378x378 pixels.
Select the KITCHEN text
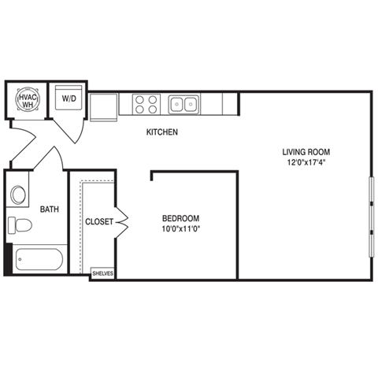tap(162, 132)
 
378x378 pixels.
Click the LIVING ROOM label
tap(306, 151)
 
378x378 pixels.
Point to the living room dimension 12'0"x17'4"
tap(306, 163)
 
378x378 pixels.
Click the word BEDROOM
tap(180, 218)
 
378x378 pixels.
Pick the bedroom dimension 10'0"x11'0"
tap(180, 229)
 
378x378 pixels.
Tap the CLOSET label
tap(99, 222)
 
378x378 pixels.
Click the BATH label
tap(50, 209)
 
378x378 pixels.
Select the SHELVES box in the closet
tap(102, 273)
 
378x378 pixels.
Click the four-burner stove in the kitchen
tap(144, 104)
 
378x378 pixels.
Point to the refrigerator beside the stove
tap(103, 106)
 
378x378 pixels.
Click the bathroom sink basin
tap(19, 195)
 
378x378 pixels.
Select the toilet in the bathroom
tap(20, 226)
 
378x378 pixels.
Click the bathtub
tap(38, 260)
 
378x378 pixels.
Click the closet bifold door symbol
tap(121, 223)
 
